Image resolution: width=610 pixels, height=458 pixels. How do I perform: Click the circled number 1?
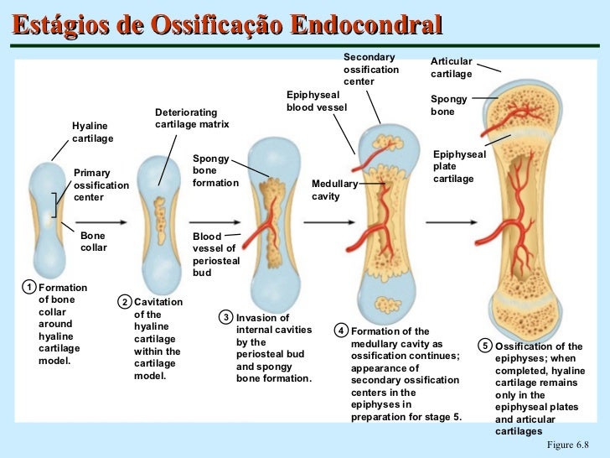(x=28, y=288)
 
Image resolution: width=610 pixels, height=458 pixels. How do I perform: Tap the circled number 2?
(x=125, y=302)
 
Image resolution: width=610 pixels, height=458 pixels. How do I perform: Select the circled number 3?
(x=226, y=317)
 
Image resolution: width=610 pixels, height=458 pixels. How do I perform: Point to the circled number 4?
(x=341, y=331)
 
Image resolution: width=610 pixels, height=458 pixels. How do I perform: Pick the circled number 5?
(x=485, y=346)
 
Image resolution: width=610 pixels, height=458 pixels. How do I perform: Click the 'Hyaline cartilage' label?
(x=92, y=132)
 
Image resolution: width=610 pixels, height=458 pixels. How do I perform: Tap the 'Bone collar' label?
(x=93, y=242)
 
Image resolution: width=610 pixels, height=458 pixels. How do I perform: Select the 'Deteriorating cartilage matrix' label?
(x=192, y=118)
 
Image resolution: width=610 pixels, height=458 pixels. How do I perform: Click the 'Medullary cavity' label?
(x=334, y=190)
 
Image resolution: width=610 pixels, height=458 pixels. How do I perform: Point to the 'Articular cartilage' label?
(x=452, y=67)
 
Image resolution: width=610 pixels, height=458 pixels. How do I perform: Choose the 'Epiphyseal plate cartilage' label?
(x=459, y=166)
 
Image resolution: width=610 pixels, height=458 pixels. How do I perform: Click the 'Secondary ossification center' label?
(x=371, y=70)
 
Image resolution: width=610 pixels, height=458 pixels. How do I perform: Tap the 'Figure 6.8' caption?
(x=567, y=445)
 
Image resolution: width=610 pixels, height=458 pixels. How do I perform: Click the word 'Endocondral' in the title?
(x=366, y=24)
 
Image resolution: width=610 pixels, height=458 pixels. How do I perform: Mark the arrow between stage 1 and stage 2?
(x=101, y=222)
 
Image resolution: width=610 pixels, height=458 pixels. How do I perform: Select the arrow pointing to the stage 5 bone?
(x=452, y=222)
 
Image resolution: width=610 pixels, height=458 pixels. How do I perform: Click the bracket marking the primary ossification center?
(x=54, y=206)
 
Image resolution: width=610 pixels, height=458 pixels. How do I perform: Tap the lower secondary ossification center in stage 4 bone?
(x=388, y=304)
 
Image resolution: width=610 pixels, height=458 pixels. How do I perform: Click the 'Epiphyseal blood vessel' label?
(x=316, y=101)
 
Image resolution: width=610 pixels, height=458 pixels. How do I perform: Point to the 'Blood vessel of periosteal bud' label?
(x=216, y=254)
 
